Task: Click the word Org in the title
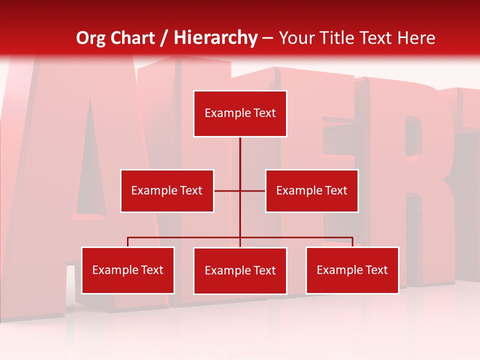(x=91, y=38)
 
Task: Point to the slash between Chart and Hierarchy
(x=164, y=38)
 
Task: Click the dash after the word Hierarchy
(x=267, y=38)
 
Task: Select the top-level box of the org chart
(x=240, y=113)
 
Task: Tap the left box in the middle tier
(x=167, y=190)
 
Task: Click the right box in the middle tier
(x=311, y=190)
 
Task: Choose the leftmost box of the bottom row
(x=127, y=270)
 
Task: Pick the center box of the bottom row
(x=240, y=270)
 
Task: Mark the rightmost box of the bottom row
(x=352, y=270)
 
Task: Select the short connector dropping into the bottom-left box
(x=127, y=242)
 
